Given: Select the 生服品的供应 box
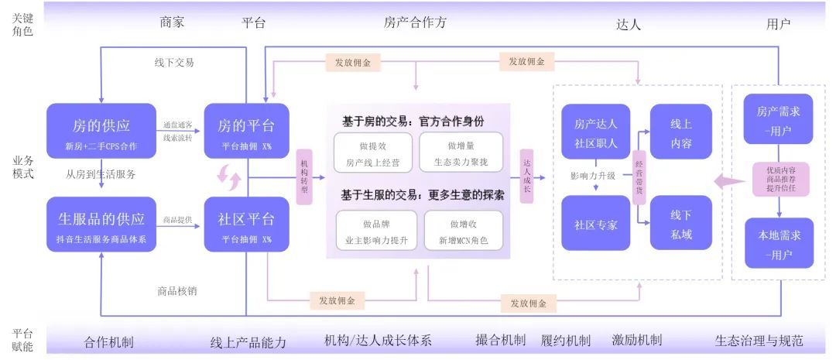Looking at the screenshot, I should (101, 225).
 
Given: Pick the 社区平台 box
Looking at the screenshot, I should (246, 225).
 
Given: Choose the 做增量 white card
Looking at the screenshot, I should (461, 152).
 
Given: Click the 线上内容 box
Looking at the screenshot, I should (681, 132).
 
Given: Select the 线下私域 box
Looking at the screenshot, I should (681, 223).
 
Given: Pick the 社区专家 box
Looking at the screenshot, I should (596, 223).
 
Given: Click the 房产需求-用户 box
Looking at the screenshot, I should (778, 121).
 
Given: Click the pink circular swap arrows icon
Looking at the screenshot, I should (229, 177).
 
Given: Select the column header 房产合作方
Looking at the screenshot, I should (415, 22).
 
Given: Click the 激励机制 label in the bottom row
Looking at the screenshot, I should (636, 341).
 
